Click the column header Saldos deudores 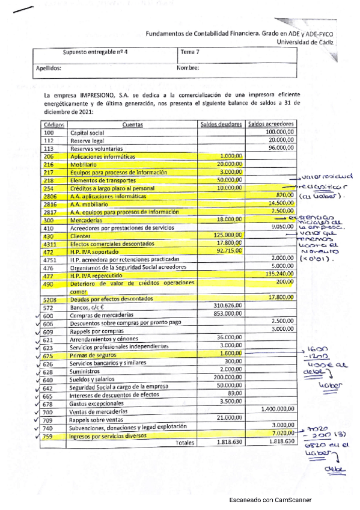[x=221, y=124]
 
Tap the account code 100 [x=49, y=132]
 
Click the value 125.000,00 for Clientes [x=227, y=235]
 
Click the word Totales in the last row [x=185, y=443]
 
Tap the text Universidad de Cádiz [x=305, y=43]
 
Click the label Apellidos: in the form [x=49, y=69]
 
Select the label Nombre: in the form [x=188, y=69]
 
